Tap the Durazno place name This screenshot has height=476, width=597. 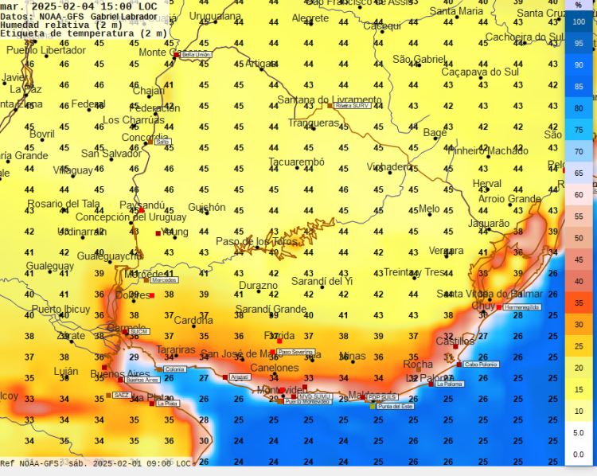(x=259, y=285)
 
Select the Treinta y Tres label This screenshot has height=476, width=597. (x=414, y=272)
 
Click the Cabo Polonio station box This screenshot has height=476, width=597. (x=481, y=365)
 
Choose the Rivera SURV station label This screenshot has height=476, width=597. (x=353, y=105)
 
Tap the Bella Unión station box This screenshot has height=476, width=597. (x=197, y=55)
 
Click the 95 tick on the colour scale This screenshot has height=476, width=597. (x=579, y=44)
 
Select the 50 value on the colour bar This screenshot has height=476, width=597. (x=579, y=238)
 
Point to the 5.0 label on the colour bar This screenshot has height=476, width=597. (x=579, y=432)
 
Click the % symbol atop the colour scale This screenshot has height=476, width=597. (x=579, y=6)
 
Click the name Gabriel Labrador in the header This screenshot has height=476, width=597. (x=124, y=16)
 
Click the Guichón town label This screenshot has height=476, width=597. (x=207, y=207)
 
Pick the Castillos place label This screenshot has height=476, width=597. (x=455, y=341)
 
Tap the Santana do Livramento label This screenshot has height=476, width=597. (x=329, y=99)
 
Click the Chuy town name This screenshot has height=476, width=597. (x=483, y=306)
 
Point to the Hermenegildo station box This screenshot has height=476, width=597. (x=522, y=307)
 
